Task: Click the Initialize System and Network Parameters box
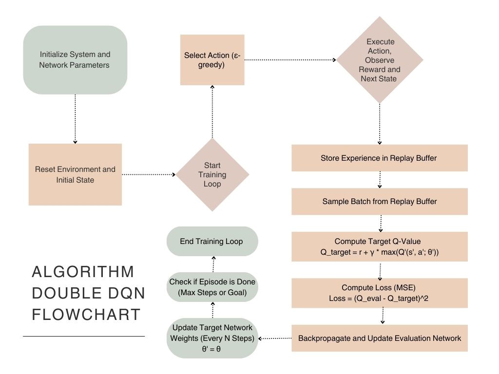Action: click(x=75, y=60)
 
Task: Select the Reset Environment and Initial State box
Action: click(x=75, y=174)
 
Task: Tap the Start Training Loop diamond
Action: click(x=212, y=174)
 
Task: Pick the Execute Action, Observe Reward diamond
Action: click(x=380, y=60)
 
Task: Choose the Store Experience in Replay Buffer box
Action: click(x=380, y=158)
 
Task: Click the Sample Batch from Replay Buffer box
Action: click(x=380, y=201)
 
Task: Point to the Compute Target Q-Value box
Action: click(x=380, y=247)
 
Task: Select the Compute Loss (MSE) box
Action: click(x=380, y=293)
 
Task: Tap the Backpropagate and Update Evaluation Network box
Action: click(x=380, y=338)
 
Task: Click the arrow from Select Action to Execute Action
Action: click(x=290, y=60)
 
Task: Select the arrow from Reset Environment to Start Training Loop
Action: click(x=149, y=174)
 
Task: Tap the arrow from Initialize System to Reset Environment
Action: click(x=75, y=119)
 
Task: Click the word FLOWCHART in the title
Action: click(x=86, y=314)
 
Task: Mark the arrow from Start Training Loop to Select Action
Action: click(x=212, y=112)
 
